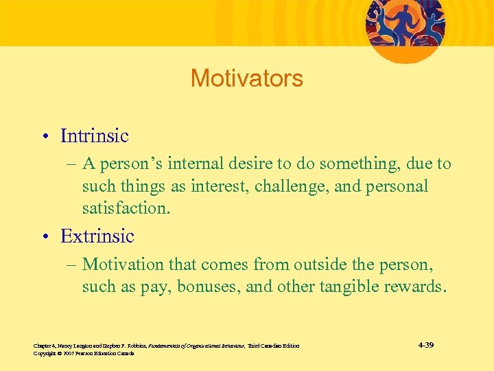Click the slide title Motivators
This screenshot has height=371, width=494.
click(x=246, y=78)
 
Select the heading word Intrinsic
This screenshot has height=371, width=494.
click(x=94, y=136)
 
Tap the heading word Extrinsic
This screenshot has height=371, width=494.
click(x=97, y=236)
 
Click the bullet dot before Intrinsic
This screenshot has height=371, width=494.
click(x=45, y=137)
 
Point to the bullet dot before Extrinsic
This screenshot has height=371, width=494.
click(x=45, y=237)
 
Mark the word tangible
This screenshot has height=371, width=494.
click(x=351, y=286)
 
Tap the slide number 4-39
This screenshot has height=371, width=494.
click(x=425, y=344)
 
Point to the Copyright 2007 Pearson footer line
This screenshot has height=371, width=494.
click(x=83, y=353)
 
